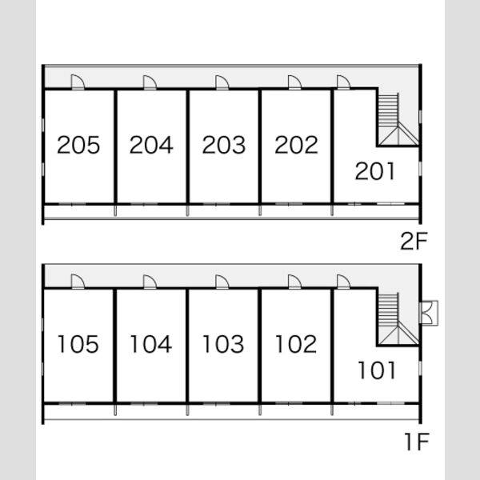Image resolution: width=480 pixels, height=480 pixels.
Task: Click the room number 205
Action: (78, 145)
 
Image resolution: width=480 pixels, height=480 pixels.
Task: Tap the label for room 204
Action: (151, 145)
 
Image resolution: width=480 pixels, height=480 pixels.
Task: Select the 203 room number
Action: (224, 145)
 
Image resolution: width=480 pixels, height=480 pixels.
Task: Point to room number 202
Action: (296, 145)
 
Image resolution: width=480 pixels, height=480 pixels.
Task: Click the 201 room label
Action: (375, 171)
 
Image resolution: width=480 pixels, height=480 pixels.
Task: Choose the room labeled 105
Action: (78, 344)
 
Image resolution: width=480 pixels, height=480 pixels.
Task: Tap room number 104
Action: (151, 344)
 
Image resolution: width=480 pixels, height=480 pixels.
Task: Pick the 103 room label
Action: (223, 344)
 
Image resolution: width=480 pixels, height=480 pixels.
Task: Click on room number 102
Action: (296, 344)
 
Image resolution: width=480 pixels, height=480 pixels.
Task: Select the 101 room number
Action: (377, 370)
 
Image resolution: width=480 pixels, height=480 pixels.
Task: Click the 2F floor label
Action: (414, 242)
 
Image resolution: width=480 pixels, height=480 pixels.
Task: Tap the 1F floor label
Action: (416, 442)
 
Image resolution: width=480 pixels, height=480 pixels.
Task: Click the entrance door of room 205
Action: (78, 82)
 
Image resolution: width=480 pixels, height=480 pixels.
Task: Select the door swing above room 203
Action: (222, 82)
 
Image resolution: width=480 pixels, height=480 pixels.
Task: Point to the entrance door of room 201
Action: (343, 82)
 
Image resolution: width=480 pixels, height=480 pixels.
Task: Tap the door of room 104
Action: (150, 282)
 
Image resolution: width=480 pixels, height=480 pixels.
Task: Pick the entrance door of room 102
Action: (294, 282)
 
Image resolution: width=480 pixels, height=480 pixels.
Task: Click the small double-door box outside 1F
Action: (429, 313)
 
